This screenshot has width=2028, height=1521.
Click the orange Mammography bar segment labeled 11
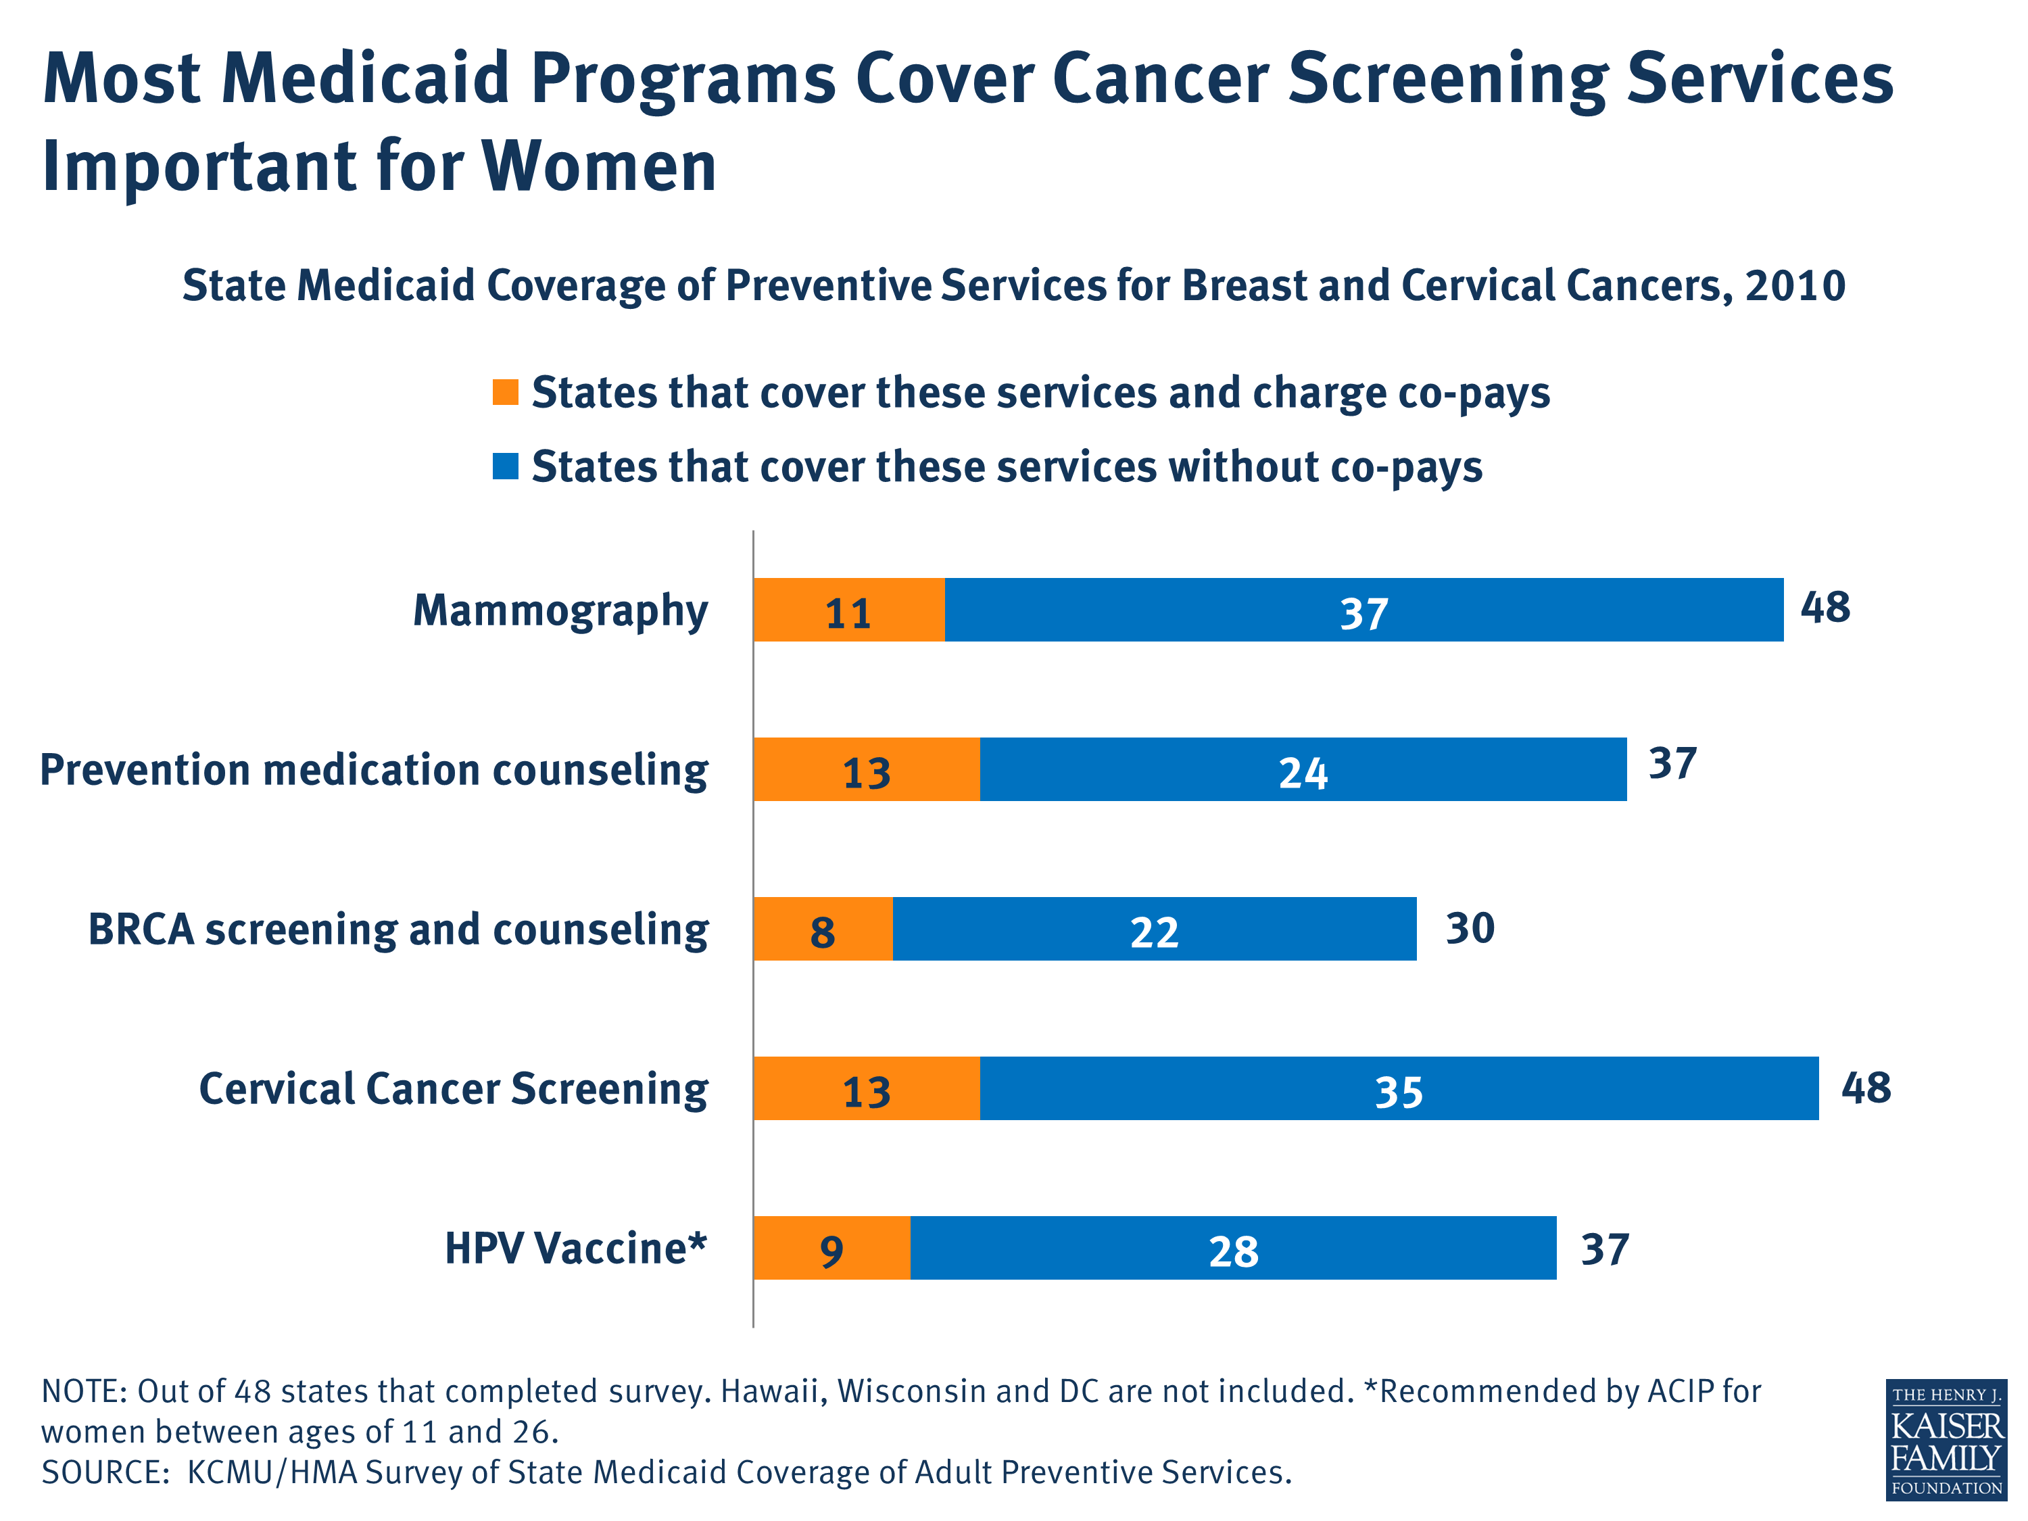(848, 610)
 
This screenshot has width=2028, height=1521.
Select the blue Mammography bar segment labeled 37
(1363, 610)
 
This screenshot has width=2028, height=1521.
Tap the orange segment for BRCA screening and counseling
(823, 929)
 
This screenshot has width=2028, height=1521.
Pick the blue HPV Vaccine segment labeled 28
(1233, 1248)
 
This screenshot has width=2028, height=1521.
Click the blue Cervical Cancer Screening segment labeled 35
(1398, 1088)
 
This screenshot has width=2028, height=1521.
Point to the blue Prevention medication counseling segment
(1303, 769)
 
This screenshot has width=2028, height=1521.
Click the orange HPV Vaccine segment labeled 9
(831, 1248)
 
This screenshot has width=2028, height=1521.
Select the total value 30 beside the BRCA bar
(1470, 928)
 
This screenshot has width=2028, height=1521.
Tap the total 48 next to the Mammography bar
(1825, 607)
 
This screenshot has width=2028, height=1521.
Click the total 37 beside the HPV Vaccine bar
(1604, 1249)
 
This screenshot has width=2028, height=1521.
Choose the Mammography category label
(560, 610)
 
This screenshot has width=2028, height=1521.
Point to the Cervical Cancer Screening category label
(453, 1088)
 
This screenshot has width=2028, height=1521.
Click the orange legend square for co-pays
(505, 391)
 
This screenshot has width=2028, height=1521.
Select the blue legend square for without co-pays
(505, 466)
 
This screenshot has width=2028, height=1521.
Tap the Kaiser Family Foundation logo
(1946, 1439)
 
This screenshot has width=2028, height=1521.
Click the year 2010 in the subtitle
(1794, 285)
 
